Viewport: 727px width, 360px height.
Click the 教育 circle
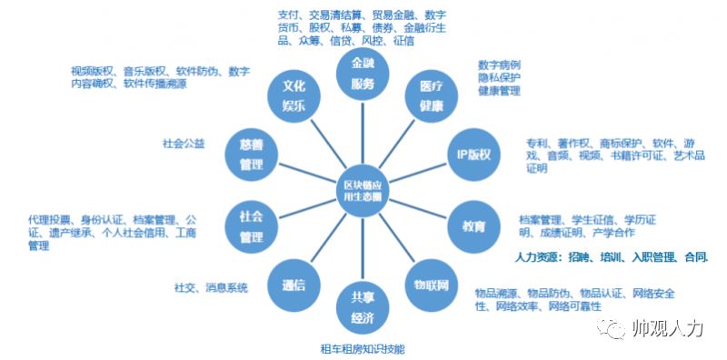click(473, 223)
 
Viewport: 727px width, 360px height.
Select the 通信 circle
click(293, 284)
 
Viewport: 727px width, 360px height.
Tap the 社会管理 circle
click(251, 225)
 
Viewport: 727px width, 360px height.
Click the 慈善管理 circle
click(251, 155)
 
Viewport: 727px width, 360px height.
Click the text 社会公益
click(184, 144)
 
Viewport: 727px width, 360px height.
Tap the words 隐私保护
click(499, 79)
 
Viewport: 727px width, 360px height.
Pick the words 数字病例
click(499, 66)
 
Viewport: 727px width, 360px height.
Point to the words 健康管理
click(499, 92)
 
